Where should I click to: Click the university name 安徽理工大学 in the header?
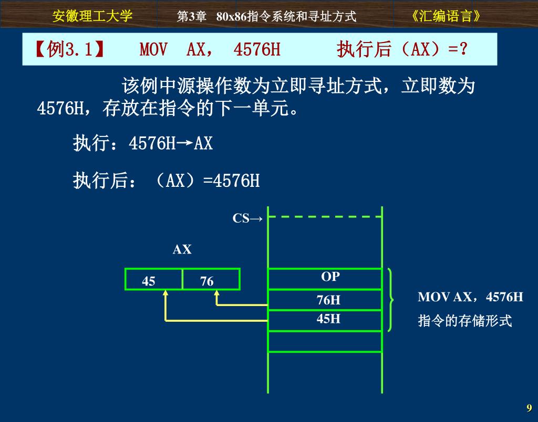coord(92,16)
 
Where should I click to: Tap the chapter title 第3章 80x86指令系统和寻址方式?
coord(267,17)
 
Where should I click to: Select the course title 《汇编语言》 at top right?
coord(447,16)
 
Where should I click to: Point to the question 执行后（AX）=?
coord(402,50)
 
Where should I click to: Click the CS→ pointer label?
coord(247,218)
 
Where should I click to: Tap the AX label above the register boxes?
coord(182,250)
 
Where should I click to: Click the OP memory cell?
coord(325,279)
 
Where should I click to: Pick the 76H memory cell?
coord(325,300)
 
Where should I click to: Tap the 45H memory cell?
coord(325,320)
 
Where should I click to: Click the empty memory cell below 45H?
coord(325,341)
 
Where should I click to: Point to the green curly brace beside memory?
coord(390,300)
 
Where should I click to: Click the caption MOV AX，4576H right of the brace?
coord(470,297)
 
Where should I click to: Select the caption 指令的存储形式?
coord(464,321)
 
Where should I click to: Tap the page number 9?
coord(529,408)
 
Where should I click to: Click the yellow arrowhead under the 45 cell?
coord(165,293)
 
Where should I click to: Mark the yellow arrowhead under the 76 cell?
coord(217,293)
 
